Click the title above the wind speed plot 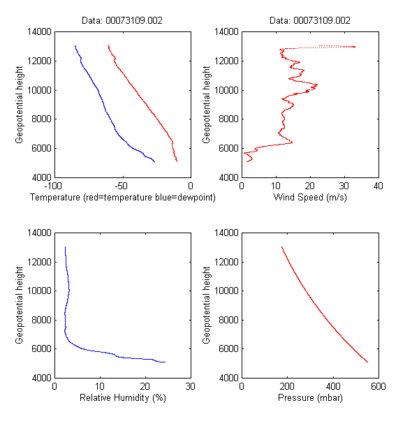(309, 21)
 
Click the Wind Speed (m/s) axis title (309, 198)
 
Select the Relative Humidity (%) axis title (122, 398)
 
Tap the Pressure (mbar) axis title (309, 398)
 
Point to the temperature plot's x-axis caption (122, 198)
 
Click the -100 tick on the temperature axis (52, 186)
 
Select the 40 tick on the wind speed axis (378, 186)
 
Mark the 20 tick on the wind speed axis (309, 186)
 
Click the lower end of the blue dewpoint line (154, 161)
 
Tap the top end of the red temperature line (108, 46)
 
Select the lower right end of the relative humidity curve (166, 362)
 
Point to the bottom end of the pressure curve (367, 362)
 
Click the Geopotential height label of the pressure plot (207, 304)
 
